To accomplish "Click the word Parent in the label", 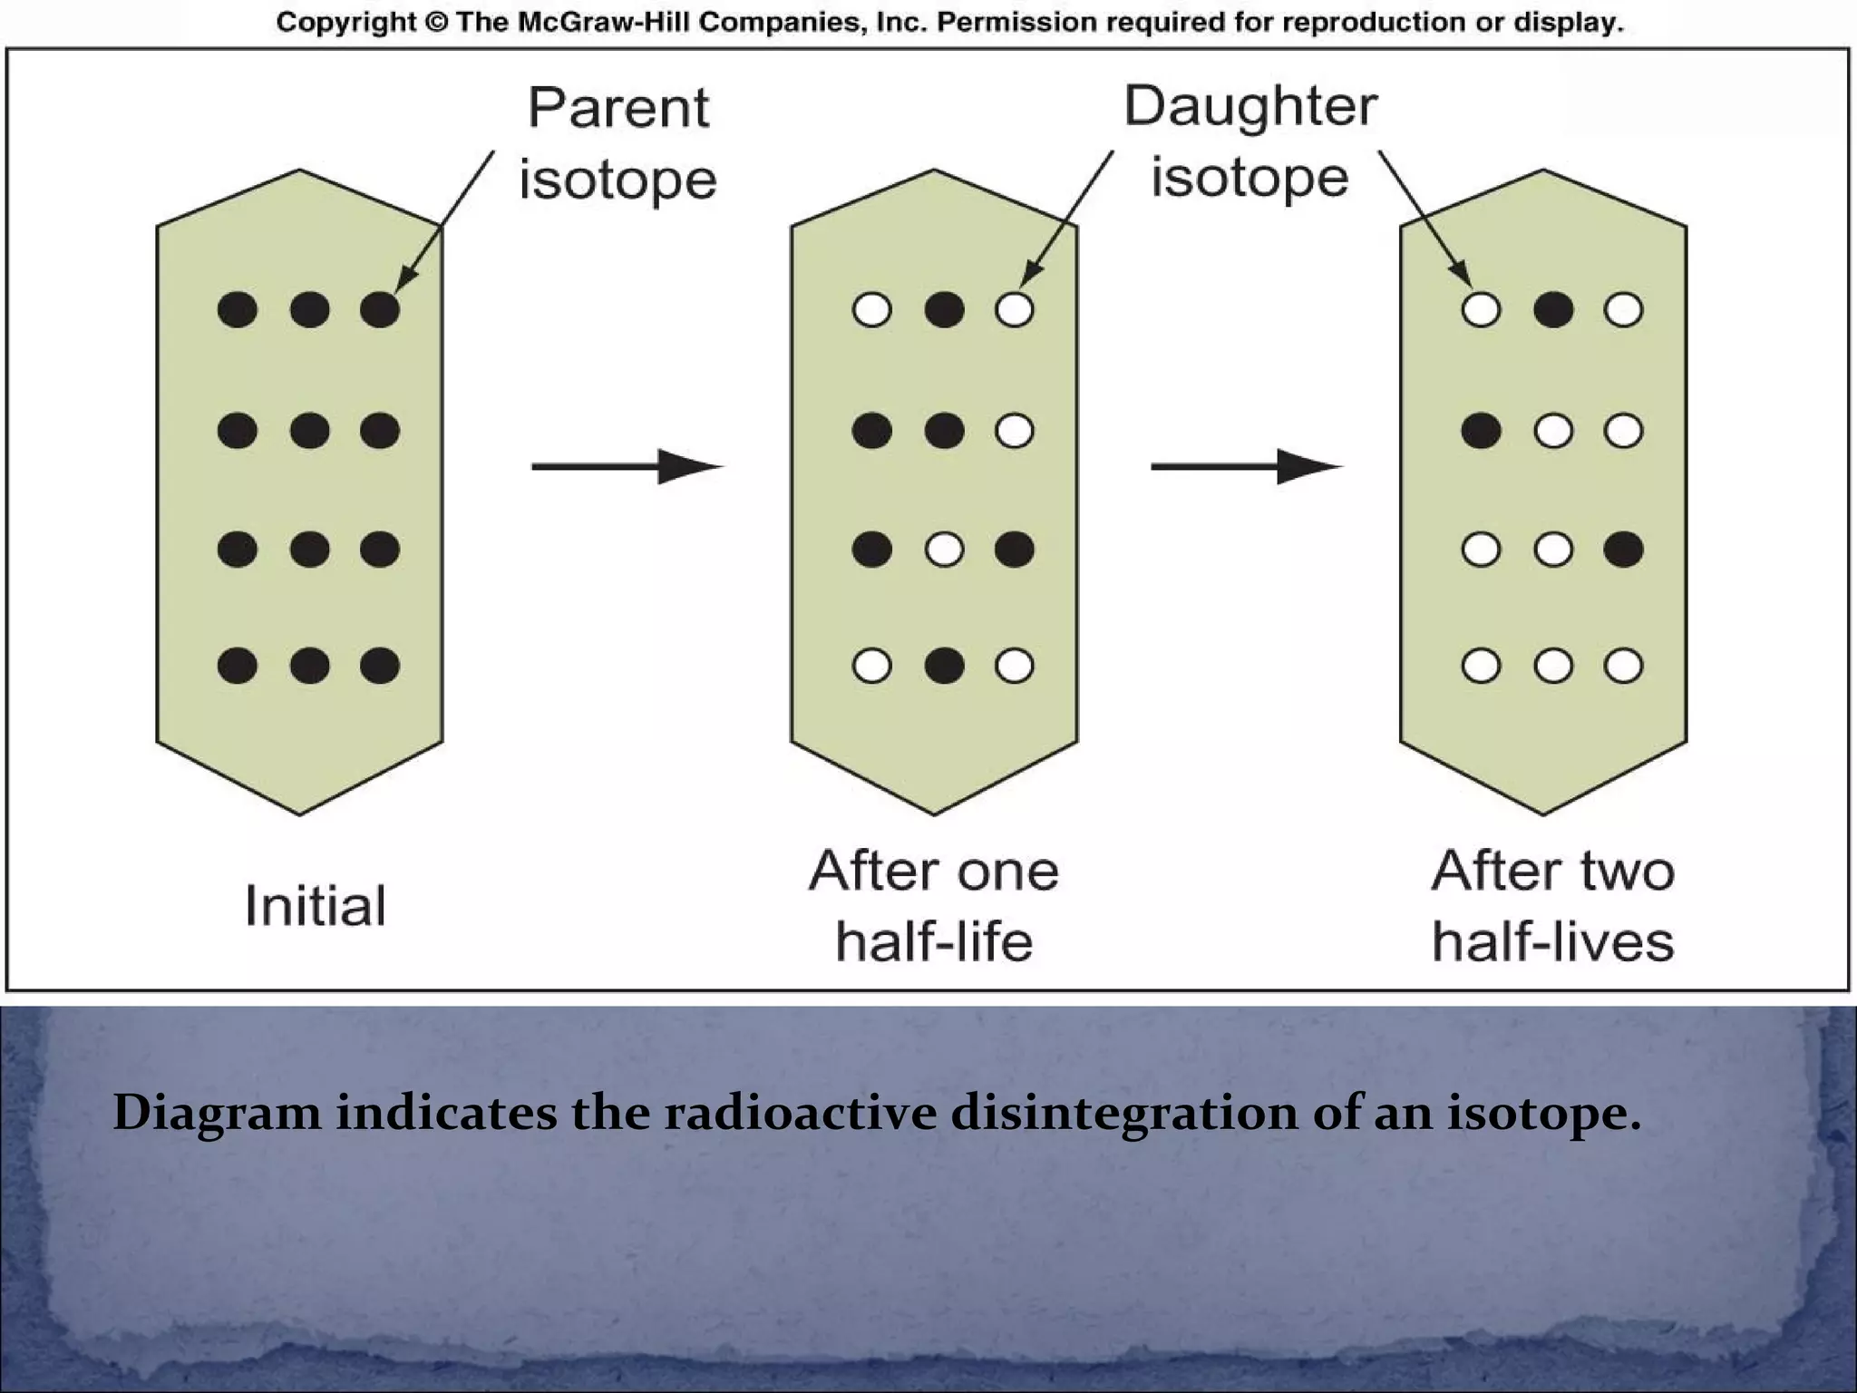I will [618, 109].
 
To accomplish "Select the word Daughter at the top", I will [1250, 107].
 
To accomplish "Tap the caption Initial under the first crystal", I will [316, 906].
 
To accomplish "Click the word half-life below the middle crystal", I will [934, 941].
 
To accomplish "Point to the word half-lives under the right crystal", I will [1552, 941].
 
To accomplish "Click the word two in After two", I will [1628, 872].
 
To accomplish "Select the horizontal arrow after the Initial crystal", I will [626, 467].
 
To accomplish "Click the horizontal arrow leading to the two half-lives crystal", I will [1245, 467].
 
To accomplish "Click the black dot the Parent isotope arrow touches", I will [380, 310].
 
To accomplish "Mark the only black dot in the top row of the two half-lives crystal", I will [1553, 310].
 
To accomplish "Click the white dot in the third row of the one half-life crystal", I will [944, 550].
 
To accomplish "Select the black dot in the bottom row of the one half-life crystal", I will [944, 667].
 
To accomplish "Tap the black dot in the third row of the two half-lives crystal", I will [1623, 550].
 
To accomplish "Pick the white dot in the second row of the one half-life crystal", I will [1014, 431].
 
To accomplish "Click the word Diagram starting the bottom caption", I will [217, 1113].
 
